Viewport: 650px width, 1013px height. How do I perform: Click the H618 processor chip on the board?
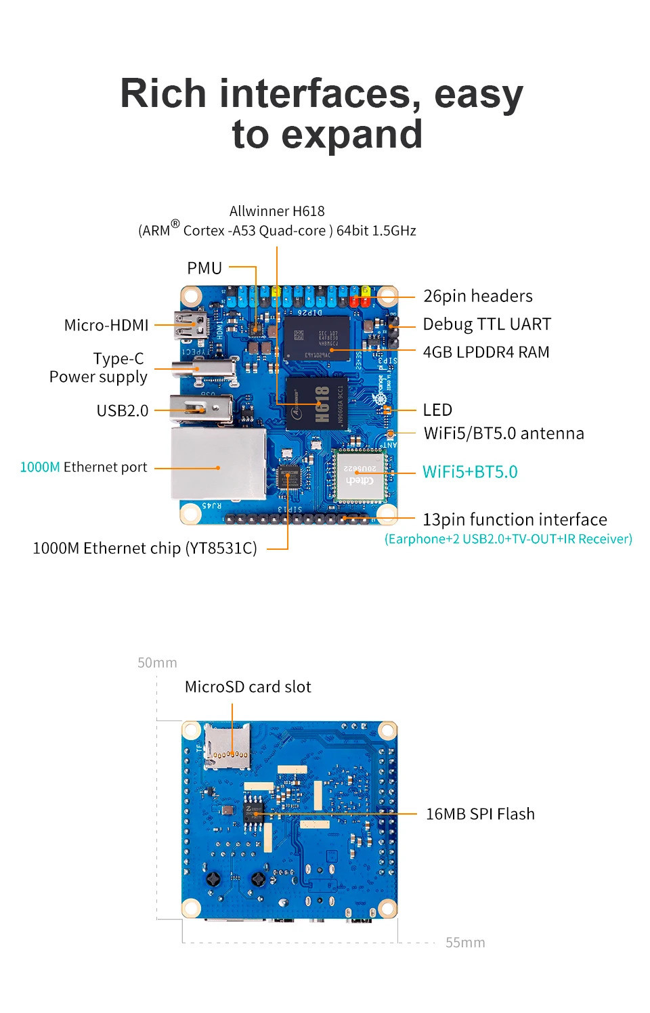click(x=316, y=404)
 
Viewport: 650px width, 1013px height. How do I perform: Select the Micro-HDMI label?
click(x=106, y=325)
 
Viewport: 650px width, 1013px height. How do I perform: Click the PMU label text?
click(x=204, y=268)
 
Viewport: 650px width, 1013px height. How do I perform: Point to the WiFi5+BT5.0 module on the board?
click(x=359, y=475)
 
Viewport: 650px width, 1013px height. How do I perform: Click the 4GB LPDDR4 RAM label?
click(x=485, y=352)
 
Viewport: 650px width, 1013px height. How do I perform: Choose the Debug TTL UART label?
click(x=486, y=324)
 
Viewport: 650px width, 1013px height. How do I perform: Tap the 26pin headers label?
click(x=477, y=296)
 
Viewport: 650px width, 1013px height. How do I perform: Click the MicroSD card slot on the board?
click(x=227, y=746)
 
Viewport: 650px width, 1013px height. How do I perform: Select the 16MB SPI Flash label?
click(x=479, y=814)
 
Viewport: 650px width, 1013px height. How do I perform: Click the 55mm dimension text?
click(x=464, y=943)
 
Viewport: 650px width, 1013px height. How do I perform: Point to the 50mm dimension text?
click(x=157, y=663)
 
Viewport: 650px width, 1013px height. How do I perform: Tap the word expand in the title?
click(x=351, y=134)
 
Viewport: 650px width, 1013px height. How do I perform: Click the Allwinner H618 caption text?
click(x=277, y=211)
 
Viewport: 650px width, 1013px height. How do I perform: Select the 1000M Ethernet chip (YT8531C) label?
click(x=145, y=548)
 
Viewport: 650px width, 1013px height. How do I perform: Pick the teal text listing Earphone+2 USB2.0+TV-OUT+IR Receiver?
click(x=508, y=539)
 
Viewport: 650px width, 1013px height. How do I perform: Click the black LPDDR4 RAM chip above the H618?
click(x=316, y=337)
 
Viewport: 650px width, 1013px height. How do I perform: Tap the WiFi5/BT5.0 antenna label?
click(x=503, y=433)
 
